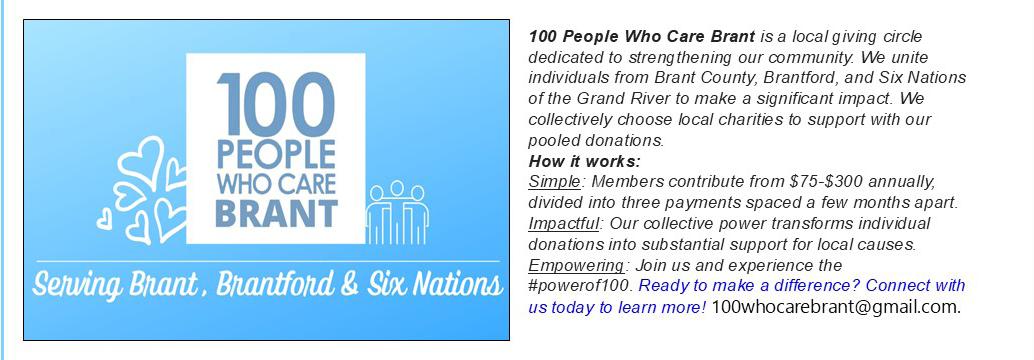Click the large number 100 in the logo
click(x=276, y=104)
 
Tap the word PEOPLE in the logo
click(x=276, y=155)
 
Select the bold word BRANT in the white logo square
click(x=276, y=212)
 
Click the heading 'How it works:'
click(x=584, y=161)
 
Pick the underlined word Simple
click(x=554, y=182)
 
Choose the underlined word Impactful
click(x=563, y=224)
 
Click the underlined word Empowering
click(x=576, y=266)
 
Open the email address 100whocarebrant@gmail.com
click(x=836, y=307)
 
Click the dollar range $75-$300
click(x=828, y=181)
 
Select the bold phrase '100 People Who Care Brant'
click(x=642, y=36)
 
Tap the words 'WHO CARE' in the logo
click(x=276, y=184)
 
